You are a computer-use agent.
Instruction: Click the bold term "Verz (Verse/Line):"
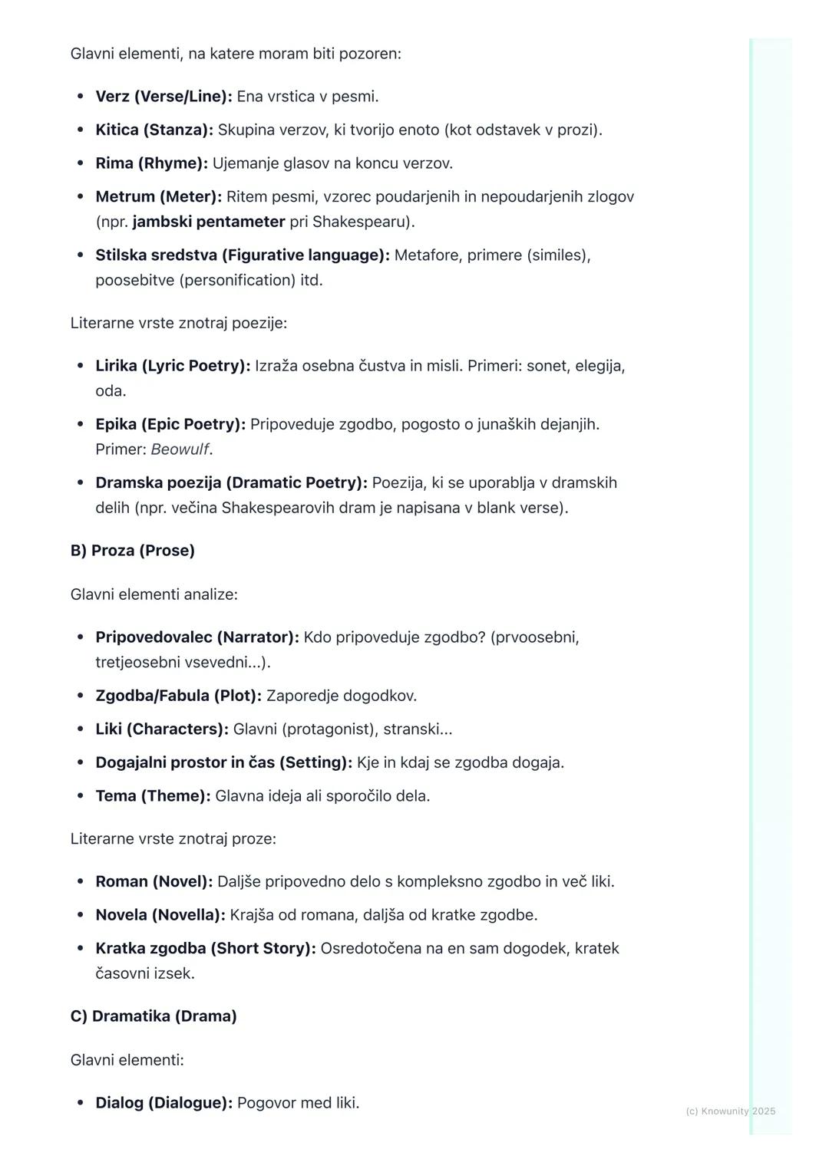click(163, 97)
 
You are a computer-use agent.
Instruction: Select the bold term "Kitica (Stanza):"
click(154, 130)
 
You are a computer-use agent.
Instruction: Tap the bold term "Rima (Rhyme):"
click(151, 163)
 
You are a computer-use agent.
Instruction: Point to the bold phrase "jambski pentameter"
click(209, 222)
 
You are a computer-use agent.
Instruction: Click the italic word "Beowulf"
click(180, 449)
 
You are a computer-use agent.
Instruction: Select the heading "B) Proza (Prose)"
click(133, 551)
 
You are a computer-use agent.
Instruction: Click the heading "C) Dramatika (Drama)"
click(154, 1016)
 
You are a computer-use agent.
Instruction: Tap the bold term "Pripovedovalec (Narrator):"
click(197, 637)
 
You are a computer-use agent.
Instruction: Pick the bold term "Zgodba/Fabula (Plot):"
click(178, 696)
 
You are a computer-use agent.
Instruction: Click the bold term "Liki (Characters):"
click(162, 729)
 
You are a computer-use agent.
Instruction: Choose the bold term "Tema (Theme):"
click(153, 796)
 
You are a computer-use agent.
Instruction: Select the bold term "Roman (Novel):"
click(154, 881)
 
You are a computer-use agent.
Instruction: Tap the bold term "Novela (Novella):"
click(160, 915)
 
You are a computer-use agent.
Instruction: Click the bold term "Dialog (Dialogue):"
click(163, 1103)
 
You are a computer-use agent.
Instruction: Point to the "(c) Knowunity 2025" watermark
click(730, 1111)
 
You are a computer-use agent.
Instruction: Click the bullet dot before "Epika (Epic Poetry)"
click(81, 424)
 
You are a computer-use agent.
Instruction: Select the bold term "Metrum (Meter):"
click(158, 197)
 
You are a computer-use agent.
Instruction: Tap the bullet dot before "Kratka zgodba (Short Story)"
click(81, 949)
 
